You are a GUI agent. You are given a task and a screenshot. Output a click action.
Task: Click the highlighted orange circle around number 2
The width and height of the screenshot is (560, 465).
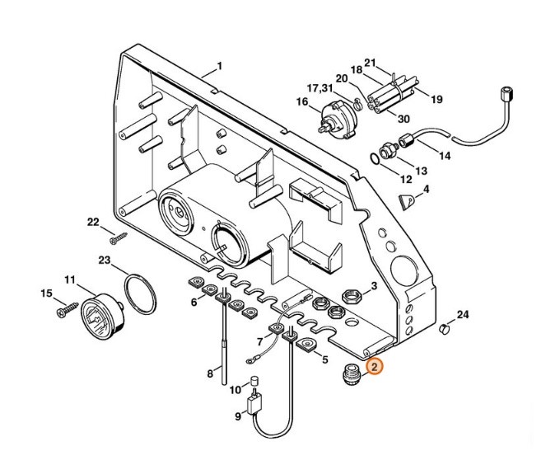point(374,369)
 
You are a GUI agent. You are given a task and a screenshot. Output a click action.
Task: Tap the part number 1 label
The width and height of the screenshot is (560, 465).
point(220,66)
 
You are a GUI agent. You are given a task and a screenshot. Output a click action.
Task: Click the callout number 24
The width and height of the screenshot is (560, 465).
point(463,315)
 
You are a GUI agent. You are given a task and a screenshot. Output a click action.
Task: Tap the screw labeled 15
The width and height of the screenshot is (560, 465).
point(63,312)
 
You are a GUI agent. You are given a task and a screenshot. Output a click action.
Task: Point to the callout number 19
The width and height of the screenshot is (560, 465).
point(436,99)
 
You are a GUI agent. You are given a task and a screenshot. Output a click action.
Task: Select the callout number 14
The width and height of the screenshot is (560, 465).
point(445,155)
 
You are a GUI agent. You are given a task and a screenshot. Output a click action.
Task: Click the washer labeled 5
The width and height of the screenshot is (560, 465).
point(307,342)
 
